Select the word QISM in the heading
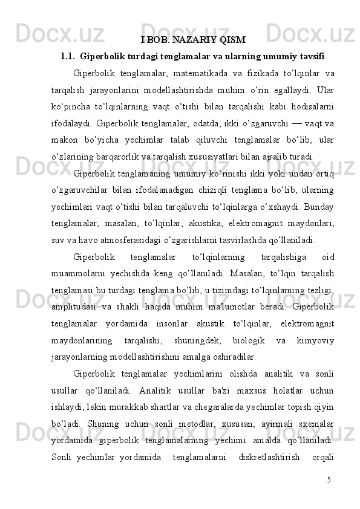pos(232,41)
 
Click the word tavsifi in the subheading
pos(309,58)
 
